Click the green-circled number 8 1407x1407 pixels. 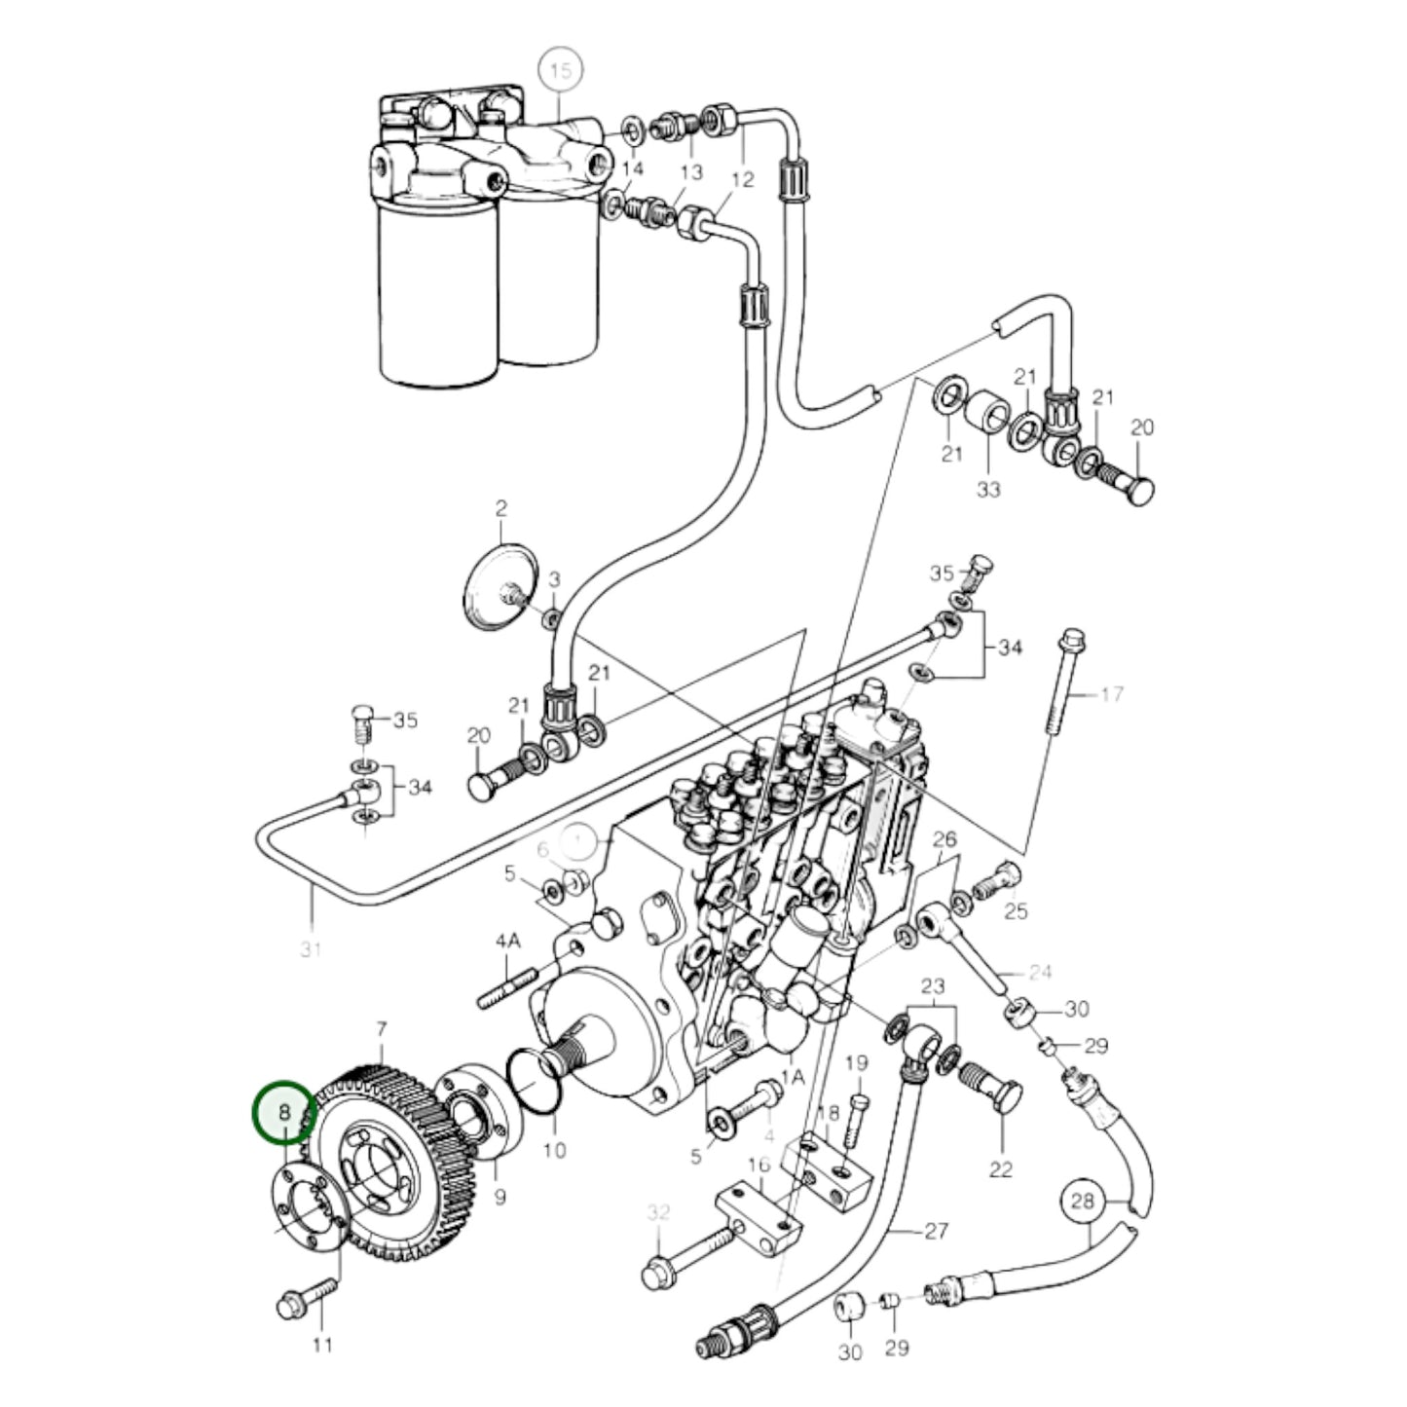pos(284,1111)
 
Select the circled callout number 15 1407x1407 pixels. pos(560,71)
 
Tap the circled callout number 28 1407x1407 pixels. pos(1083,1202)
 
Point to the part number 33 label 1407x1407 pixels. pos(988,490)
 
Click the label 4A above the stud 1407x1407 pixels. pos(508,942)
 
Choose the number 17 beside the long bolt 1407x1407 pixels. pos(1112,694)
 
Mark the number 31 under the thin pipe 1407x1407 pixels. pos(311,947)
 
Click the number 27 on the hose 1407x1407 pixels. pos(936,1231)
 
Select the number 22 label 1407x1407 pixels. pos(1001,1169)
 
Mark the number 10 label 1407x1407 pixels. pos(554,1150)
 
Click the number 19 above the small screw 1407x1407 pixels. pos(856,1063)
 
